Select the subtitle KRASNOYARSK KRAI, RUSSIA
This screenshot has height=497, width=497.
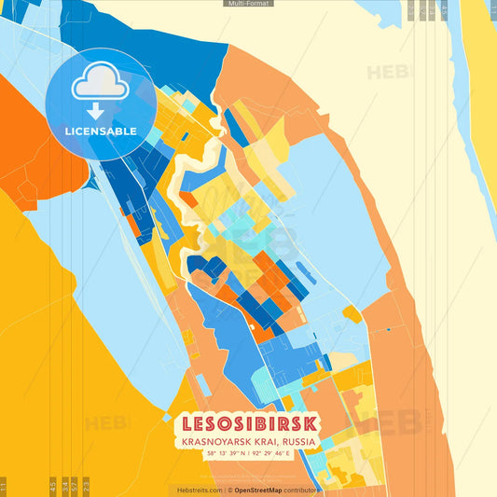click(248, 440)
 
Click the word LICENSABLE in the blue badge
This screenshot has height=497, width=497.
click(100, 131)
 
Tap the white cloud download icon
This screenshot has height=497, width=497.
click(100, 90)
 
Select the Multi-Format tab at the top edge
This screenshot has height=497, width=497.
click(248, 4)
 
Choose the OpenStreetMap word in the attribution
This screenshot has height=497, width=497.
click(260, 490)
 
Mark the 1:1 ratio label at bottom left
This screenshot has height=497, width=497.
click(4, 485)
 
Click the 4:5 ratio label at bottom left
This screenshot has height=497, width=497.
click(52, 485)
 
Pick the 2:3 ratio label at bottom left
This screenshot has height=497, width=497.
click(86, 485)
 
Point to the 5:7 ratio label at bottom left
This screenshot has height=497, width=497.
click(75, 485)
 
